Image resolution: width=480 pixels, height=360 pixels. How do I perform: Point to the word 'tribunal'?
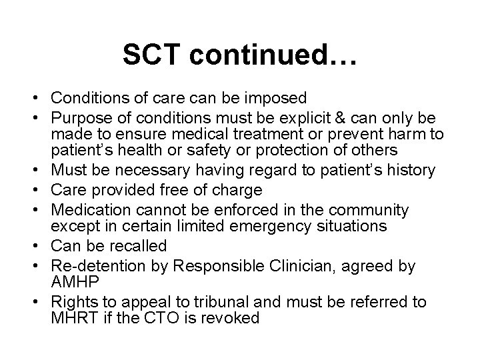click(247, 302)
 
